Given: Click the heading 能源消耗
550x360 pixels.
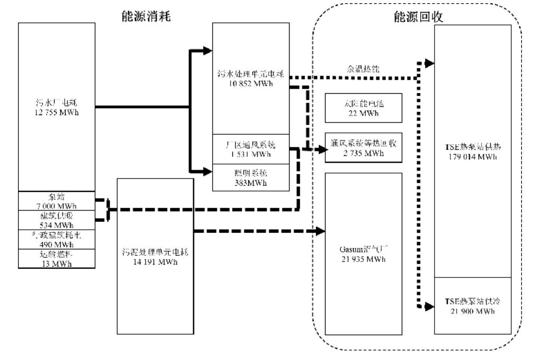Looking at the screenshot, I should [146, 17].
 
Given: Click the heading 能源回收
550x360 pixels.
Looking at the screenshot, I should [422, 17].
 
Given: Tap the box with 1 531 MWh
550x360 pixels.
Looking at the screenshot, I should [251, 149].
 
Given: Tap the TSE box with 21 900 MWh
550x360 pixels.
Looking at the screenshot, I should [472, 306].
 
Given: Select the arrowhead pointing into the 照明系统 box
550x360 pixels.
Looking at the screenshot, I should [208, 172].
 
